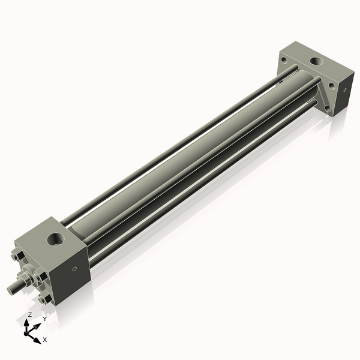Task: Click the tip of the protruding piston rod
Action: [x=11, y=290]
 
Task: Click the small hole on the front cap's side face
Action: [x=74, y=269]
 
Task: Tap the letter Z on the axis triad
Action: [x=30, y=314]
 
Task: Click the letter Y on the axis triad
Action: [x=44, y=319]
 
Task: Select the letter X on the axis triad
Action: [x=45, y=340]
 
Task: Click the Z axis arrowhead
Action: [x=29, y=322]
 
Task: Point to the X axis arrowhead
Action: [x=38, y=338]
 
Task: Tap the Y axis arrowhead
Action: [x=38, y=324]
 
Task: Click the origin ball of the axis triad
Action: [x=28, y=332]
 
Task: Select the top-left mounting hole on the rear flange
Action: [x=283, y=59]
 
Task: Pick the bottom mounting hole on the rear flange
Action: [x=328, y=109]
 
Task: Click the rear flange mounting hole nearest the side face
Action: [x=332, y=85]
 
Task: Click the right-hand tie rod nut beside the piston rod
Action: [x=40, y=277]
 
